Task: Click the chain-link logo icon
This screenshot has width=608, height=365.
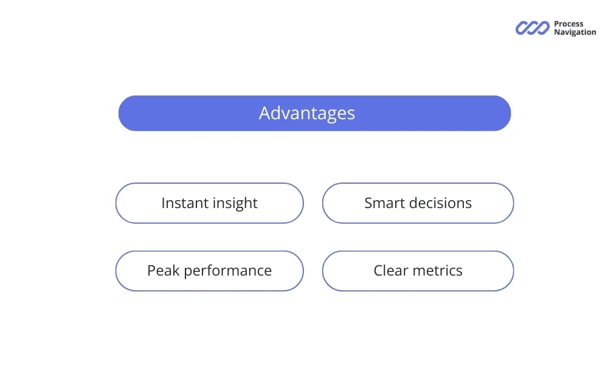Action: pos(532,28)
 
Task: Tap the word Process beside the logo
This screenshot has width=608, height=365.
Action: pos(568,24)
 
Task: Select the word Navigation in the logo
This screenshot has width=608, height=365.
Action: pos(575,32)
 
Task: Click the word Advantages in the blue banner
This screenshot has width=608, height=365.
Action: pos(307,113)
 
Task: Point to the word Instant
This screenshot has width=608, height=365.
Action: pos(182,203)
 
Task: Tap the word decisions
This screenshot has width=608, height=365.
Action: pos(440,203)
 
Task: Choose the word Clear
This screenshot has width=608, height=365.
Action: pos(391,270)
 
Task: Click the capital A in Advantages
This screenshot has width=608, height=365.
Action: pos(264,113)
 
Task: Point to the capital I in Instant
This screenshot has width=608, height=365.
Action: pos(163,203)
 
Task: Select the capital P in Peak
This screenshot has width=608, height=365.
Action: pos(151,270)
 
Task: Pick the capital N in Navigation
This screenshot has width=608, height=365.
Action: pos(557,32)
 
